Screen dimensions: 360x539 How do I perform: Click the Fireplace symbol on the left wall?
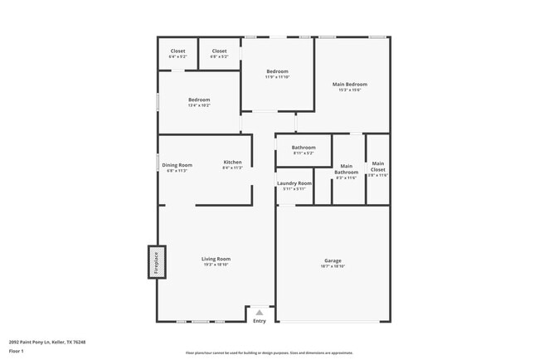(157, 262)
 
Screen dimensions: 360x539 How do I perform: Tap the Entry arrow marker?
(259, 312)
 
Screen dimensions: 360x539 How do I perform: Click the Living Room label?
(216, 259)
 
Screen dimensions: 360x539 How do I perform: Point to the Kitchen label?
(232, 162)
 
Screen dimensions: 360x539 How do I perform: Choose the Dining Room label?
(177, 164)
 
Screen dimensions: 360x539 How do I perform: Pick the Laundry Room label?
(294, 183)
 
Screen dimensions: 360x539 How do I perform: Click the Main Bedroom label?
(350, 84)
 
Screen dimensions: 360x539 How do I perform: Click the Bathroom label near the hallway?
(303, 148)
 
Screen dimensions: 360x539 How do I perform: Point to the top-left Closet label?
(178, 51)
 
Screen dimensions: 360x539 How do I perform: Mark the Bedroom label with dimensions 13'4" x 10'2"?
(199, 100)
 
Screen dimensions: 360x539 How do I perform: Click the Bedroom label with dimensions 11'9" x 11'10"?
(277, 72)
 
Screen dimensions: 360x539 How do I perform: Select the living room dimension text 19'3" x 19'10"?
(216, 265)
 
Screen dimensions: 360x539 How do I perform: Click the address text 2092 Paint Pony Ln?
(47, 341)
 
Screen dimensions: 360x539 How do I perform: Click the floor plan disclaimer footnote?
(269, 353)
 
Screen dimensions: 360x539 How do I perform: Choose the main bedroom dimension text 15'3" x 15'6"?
(350, 90)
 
